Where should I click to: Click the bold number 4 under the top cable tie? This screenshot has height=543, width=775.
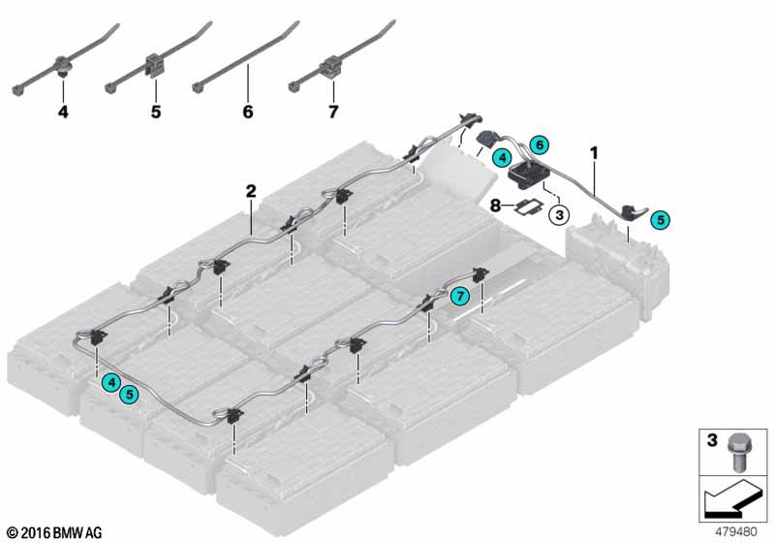click(63, 112)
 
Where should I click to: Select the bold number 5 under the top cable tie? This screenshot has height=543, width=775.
click(155, 112)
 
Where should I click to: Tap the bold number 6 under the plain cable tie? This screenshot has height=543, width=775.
click(247, 112)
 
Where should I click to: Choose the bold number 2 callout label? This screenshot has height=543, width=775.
click(250, 190)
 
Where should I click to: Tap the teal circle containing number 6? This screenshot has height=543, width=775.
click(541, 144)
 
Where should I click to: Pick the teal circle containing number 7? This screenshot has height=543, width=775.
click(460, 295)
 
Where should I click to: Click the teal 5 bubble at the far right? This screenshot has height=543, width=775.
click(661, 221)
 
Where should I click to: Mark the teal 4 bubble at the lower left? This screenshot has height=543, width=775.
click(113, 383)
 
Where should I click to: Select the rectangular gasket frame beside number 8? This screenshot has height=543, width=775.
click(530, 207)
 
